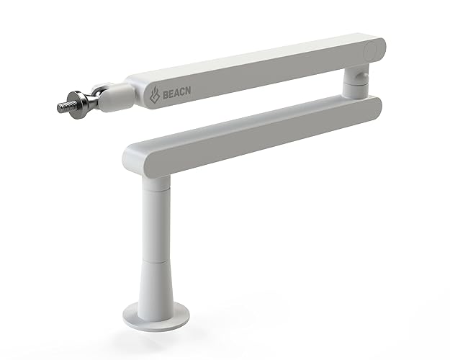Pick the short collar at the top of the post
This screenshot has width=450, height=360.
[x=154, y=183]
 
